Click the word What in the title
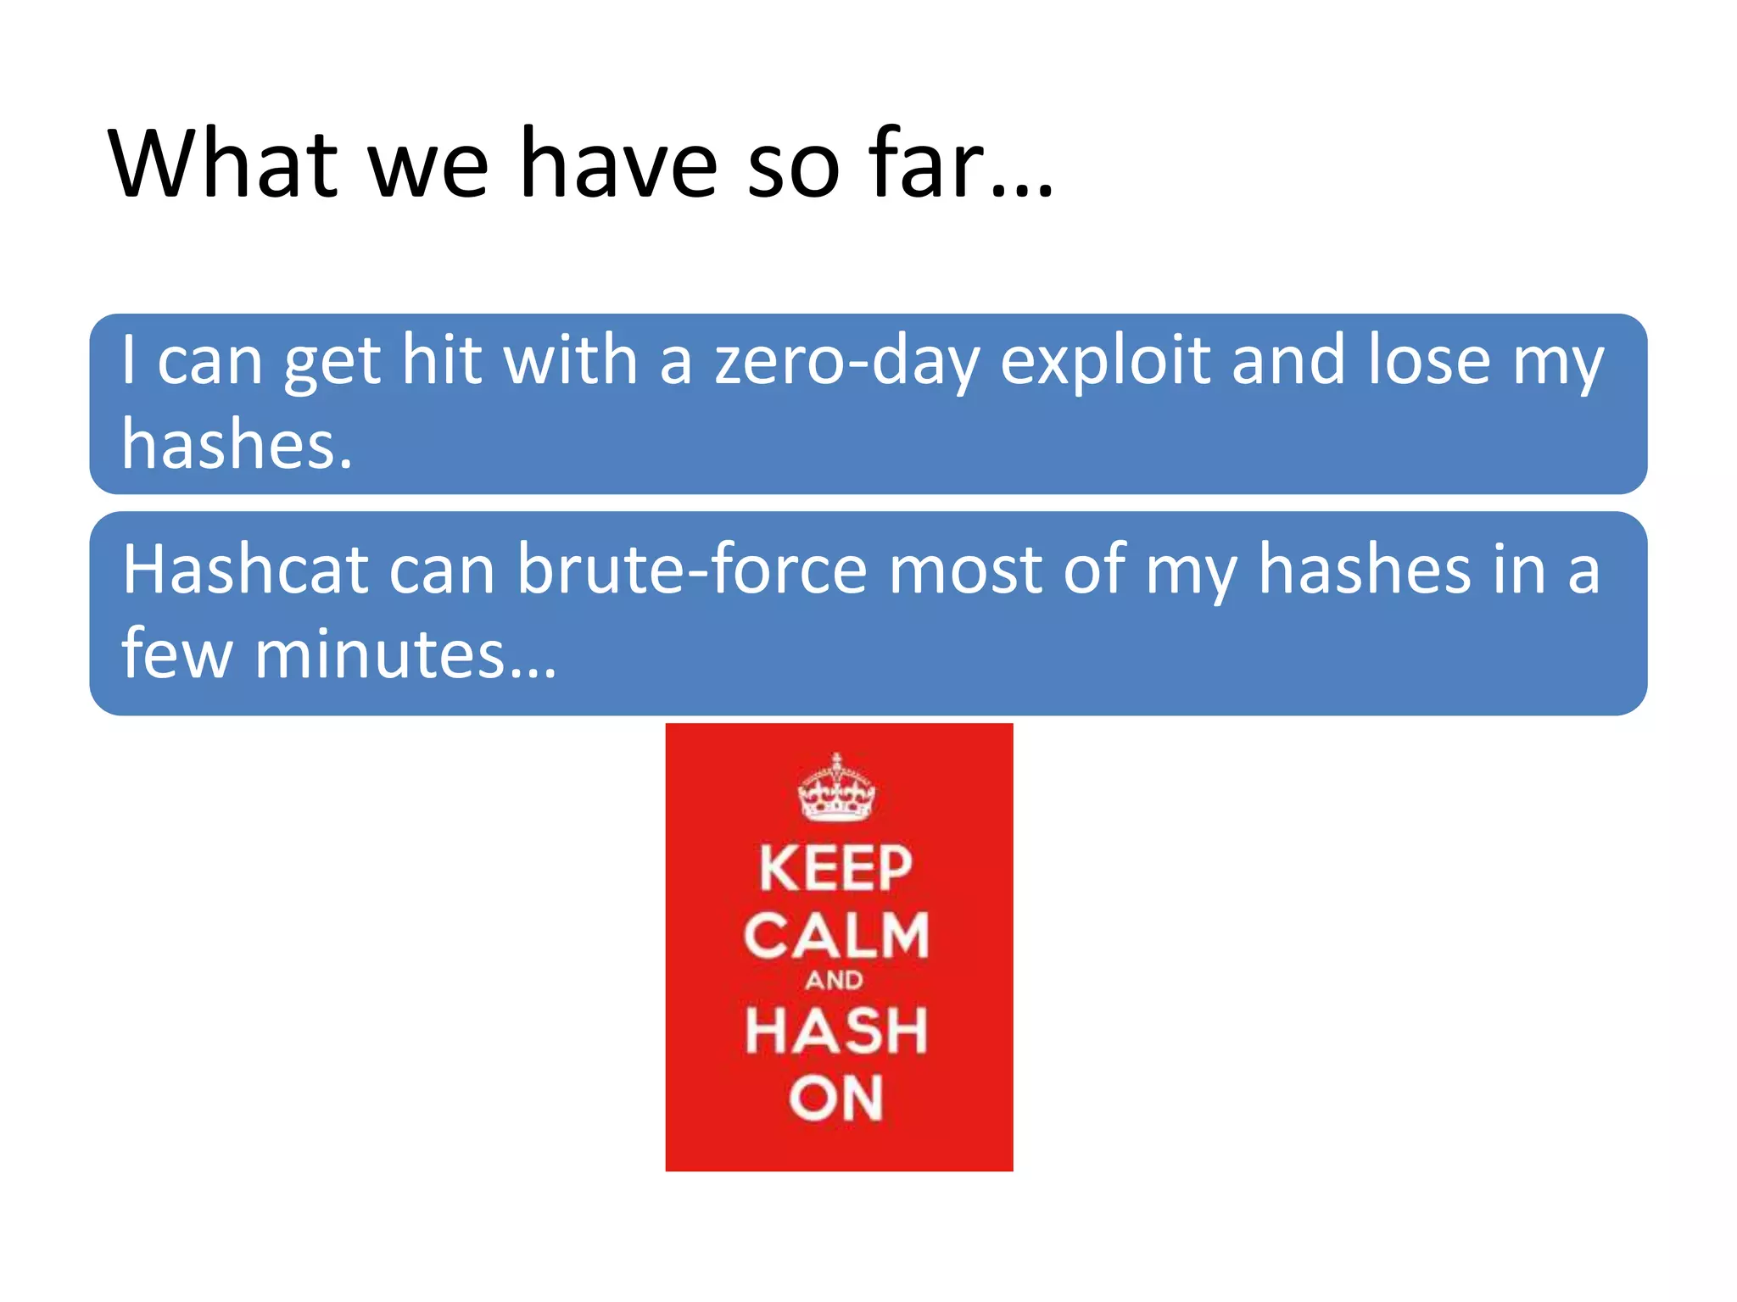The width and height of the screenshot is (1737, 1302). point(223,163)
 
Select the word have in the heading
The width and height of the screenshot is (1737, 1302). point(618,163)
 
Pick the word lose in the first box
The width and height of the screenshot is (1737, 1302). point(1428,361)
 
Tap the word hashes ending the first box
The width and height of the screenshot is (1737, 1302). point(236,444)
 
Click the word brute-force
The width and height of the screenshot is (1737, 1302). point(691,570)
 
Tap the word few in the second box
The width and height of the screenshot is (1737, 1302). point(176,654)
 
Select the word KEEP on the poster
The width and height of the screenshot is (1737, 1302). point(835,869)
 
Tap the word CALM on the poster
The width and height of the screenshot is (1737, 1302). point(836,937)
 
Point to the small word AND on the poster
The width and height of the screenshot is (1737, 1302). point(835,981)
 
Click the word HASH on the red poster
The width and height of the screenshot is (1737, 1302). point(836,1031)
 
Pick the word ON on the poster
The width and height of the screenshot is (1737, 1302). point(836,1099)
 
